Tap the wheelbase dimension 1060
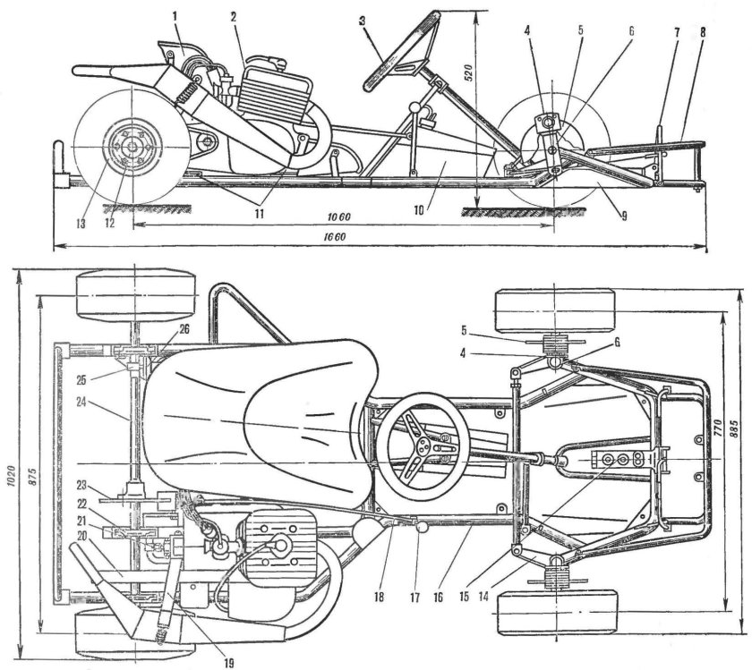pyautogui.click(x=338, y=218)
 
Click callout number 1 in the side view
pyautogui.click(x=176, y=14)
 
